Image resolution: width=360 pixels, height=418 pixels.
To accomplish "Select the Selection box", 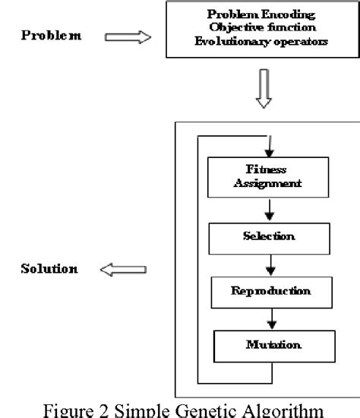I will pyautogui.click(x=262, y=236).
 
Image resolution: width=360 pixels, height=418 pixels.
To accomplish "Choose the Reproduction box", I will pyautogui.click(x=262, y=291).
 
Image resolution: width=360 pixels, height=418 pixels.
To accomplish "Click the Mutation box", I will pyautogui.click(x=262, y=345).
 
